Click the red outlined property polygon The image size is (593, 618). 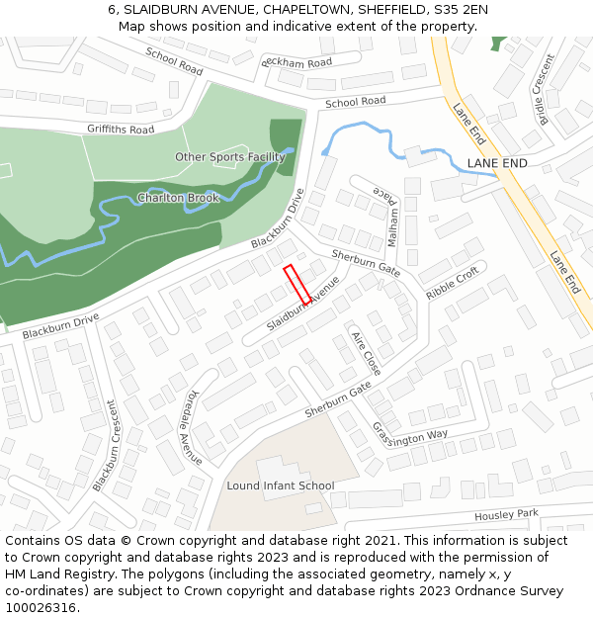coord(296,285)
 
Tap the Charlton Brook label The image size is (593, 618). coord(178,198)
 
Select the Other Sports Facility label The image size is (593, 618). coord(230,157)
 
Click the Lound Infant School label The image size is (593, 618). coord(281,486)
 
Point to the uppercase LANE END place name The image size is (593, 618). coord(497,163)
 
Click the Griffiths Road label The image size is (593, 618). coord(121,130)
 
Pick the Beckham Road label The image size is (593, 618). coord(296,62)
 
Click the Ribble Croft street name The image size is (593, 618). coord(452,283)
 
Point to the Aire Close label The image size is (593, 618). coord(366,353)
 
